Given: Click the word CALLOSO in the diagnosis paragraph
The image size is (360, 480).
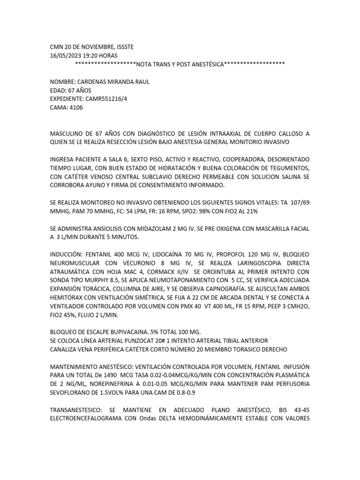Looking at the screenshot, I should click(x=286, y=133).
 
